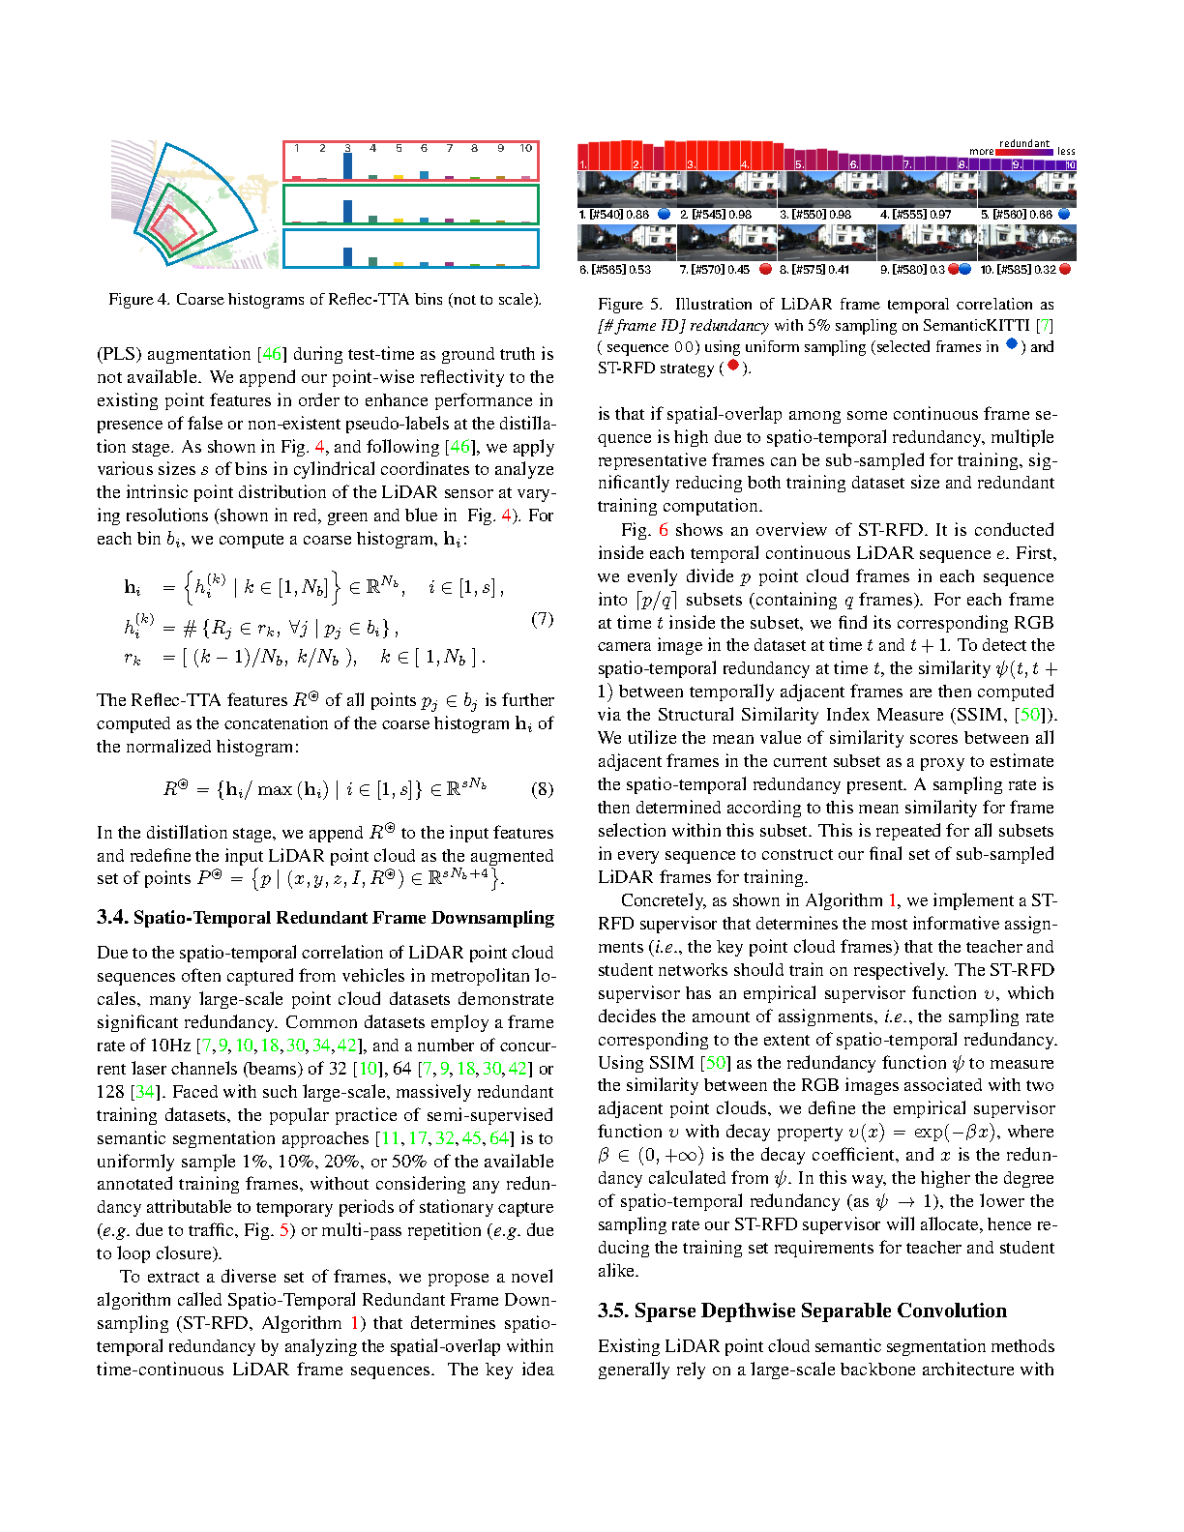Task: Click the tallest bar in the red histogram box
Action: [x=347, y=165]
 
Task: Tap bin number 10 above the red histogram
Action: [x=525, y=148]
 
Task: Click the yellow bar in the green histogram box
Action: [x=399, y=221]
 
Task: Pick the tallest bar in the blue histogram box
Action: [x=347, y=256]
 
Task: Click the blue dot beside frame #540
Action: [x=664, y=214]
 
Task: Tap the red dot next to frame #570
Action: [x=765, y=269]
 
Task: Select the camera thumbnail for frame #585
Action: [x=1026, y=242]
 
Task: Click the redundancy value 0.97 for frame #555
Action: [x=940, y=215]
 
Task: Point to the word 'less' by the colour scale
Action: [x=1066, y=152]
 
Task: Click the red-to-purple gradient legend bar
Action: [x=1024, y=152]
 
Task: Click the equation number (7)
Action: [x=543, y=619]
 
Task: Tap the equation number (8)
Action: [x=543, y=789]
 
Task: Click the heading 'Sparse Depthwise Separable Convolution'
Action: [x=802, y=1311]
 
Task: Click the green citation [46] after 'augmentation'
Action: [x=273, y=354]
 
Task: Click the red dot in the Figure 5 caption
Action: [x=732, y=366]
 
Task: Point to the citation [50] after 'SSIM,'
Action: [x=1031, y=715]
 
